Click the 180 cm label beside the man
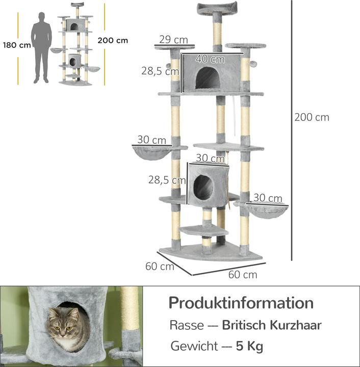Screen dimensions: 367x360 [17, 45]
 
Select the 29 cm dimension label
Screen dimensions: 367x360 [173, 39]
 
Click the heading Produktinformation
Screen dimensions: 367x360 [241, 303]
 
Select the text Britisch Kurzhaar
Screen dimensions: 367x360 [271, 325]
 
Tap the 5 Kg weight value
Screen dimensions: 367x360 [249, 347]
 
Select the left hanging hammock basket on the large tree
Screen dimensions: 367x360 [152, 152]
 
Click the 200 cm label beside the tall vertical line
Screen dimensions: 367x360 [312, 117]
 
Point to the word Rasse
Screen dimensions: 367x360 [186, 325]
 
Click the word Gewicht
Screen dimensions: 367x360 [193, 347]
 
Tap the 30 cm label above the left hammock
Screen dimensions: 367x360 [152, 140]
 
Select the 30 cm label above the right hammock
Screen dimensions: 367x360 [268, 198]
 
